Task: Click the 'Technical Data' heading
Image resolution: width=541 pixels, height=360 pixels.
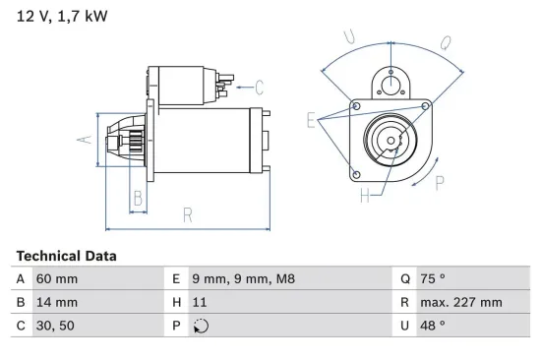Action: (x=66, y=256)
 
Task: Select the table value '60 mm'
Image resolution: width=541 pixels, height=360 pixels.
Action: (x=56, y=279)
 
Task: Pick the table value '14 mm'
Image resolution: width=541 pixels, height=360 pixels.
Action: (x=56, y=302)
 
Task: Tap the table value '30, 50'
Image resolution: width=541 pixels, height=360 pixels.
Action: (x=54, y=325)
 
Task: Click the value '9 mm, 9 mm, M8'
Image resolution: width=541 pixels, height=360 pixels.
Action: (x=242, y=279)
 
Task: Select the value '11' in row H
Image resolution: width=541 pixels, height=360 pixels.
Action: (x=200, y=302)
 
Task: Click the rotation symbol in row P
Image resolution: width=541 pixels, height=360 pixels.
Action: (x=201, y=326)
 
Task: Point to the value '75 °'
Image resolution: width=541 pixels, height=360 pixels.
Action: (x=435, y=279)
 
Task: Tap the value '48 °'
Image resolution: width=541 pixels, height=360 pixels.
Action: (x=435, y=325)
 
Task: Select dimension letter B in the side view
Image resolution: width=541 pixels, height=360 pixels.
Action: (x=139, y=199)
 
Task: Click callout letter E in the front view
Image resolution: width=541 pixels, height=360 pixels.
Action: (x=312, y=122)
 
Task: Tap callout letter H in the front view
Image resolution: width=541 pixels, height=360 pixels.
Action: (x=364, y=195)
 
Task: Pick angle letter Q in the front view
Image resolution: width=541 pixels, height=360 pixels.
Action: (x=445, y=42)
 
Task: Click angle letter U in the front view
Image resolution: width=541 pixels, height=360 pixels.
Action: (x=350, y=37)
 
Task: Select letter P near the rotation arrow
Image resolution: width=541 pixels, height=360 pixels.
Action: (x=439, y=181)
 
